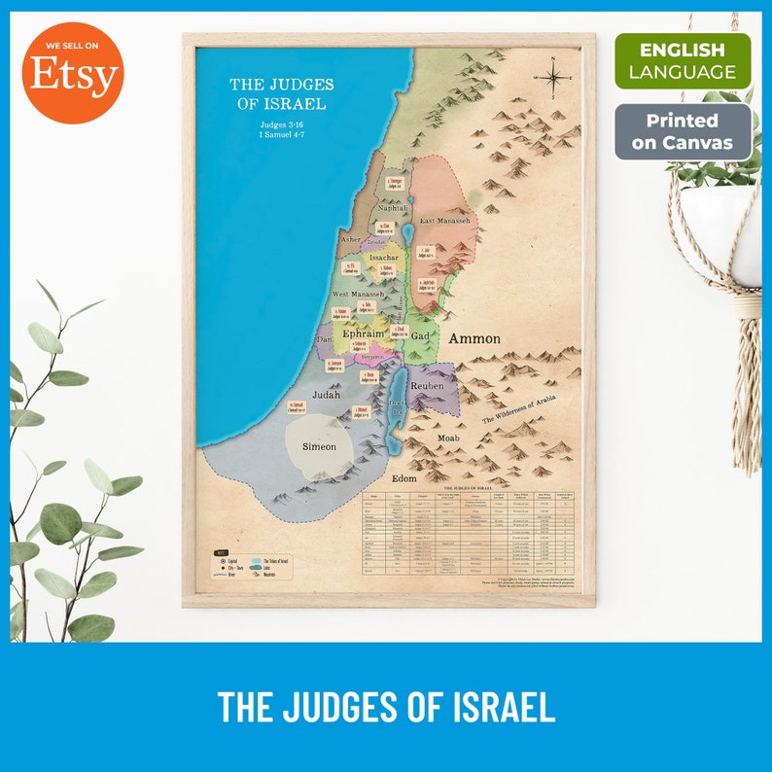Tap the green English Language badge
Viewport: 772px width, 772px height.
click(683, 60)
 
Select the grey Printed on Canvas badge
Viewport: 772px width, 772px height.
click(683, 132)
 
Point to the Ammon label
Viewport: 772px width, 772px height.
click(474, 339)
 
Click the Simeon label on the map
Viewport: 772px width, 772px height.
click(318, 446)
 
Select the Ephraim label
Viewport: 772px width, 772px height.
click(364, 333)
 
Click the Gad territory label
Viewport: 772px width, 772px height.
click(420, 335)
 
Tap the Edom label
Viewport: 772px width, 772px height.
click(404, 478)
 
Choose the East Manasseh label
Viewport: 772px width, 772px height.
click(445, 222)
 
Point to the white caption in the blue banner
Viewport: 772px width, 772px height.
click(386, 707)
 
